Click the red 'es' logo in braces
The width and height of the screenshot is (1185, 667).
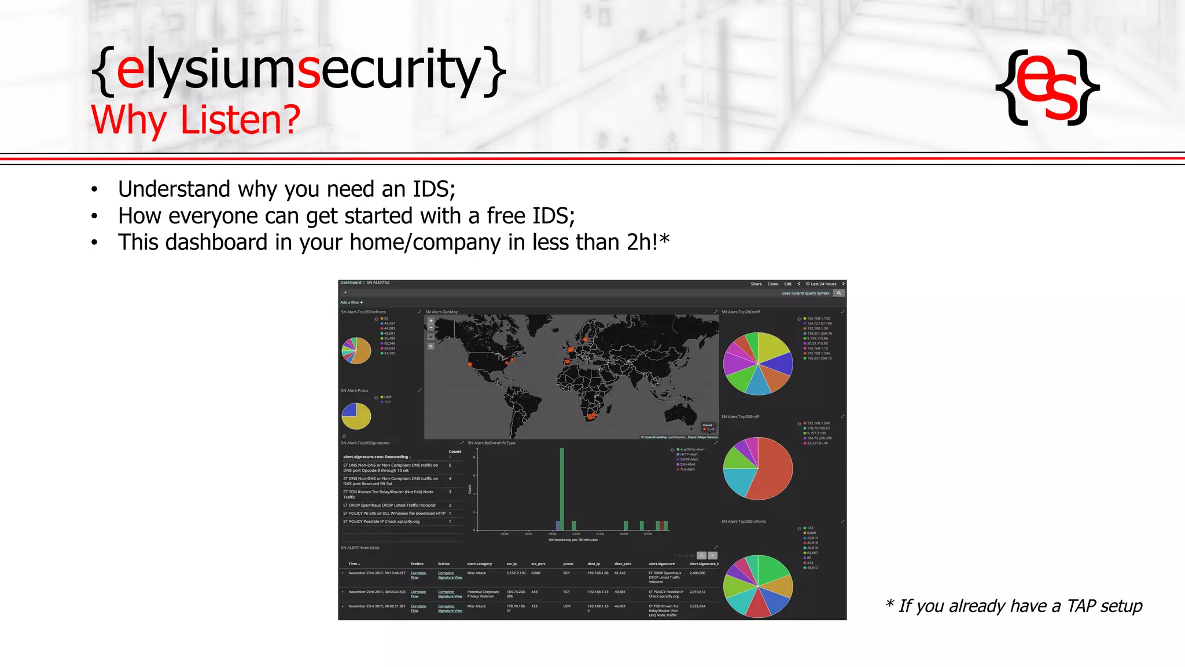click(x=1047, y=87)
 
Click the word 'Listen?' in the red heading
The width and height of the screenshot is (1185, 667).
click(x=240, y=120)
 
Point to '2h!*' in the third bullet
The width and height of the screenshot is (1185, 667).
click(x=648, y=243)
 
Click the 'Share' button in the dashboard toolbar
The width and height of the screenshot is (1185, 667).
click(x=756, y=284)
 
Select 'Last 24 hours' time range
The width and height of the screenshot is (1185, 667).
click(x=823, y=284)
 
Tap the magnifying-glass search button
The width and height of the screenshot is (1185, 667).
click(x=838, y=293)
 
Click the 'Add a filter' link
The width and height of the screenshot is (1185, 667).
click(x=351, y=302)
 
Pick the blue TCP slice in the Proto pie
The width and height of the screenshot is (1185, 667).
click(x=349, y=410)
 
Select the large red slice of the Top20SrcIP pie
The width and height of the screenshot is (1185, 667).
click(x=772, y=469)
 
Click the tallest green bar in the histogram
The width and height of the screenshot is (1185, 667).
click(x=561, y=486)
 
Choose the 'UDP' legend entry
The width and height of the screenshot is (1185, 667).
click(x=388, y=397)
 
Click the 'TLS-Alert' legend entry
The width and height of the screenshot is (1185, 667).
click(x=687, y=470)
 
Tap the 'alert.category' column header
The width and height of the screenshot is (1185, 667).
click(x=479, y=564)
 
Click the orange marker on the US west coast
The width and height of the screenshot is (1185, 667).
click(x=470, y=364)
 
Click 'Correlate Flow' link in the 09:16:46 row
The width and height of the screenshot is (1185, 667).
click(x=418, y=575)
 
